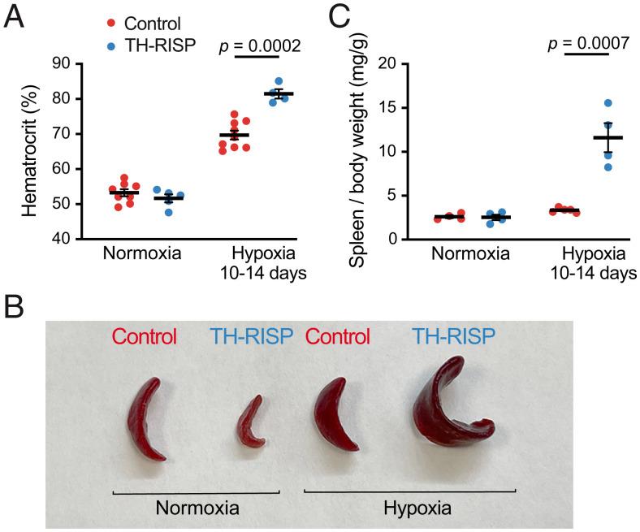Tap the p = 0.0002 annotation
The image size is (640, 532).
260,46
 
